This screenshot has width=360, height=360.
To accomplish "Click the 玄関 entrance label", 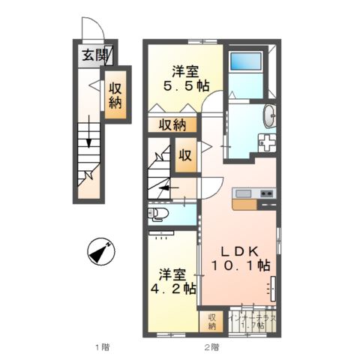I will pyautogui.click(x=94, y=54).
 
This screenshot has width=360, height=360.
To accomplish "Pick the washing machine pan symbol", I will pyautogui.click(x=266, y=142).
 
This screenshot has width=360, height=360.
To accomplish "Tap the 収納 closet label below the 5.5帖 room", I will pyautogui.click(x=172, y=125).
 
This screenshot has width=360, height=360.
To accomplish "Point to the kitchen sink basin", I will pyautogui.click(x=244, y=194).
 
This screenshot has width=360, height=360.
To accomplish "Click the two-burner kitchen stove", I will pyautogui.click(x=267, y=194).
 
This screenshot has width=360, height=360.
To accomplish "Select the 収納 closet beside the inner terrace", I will pyautogui.click(x=212, y=321).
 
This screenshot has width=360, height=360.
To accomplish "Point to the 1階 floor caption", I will pyautogui.click(x=101, y=346).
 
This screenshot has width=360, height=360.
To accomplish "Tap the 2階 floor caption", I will pyautogui.click(x=210, y=346).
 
